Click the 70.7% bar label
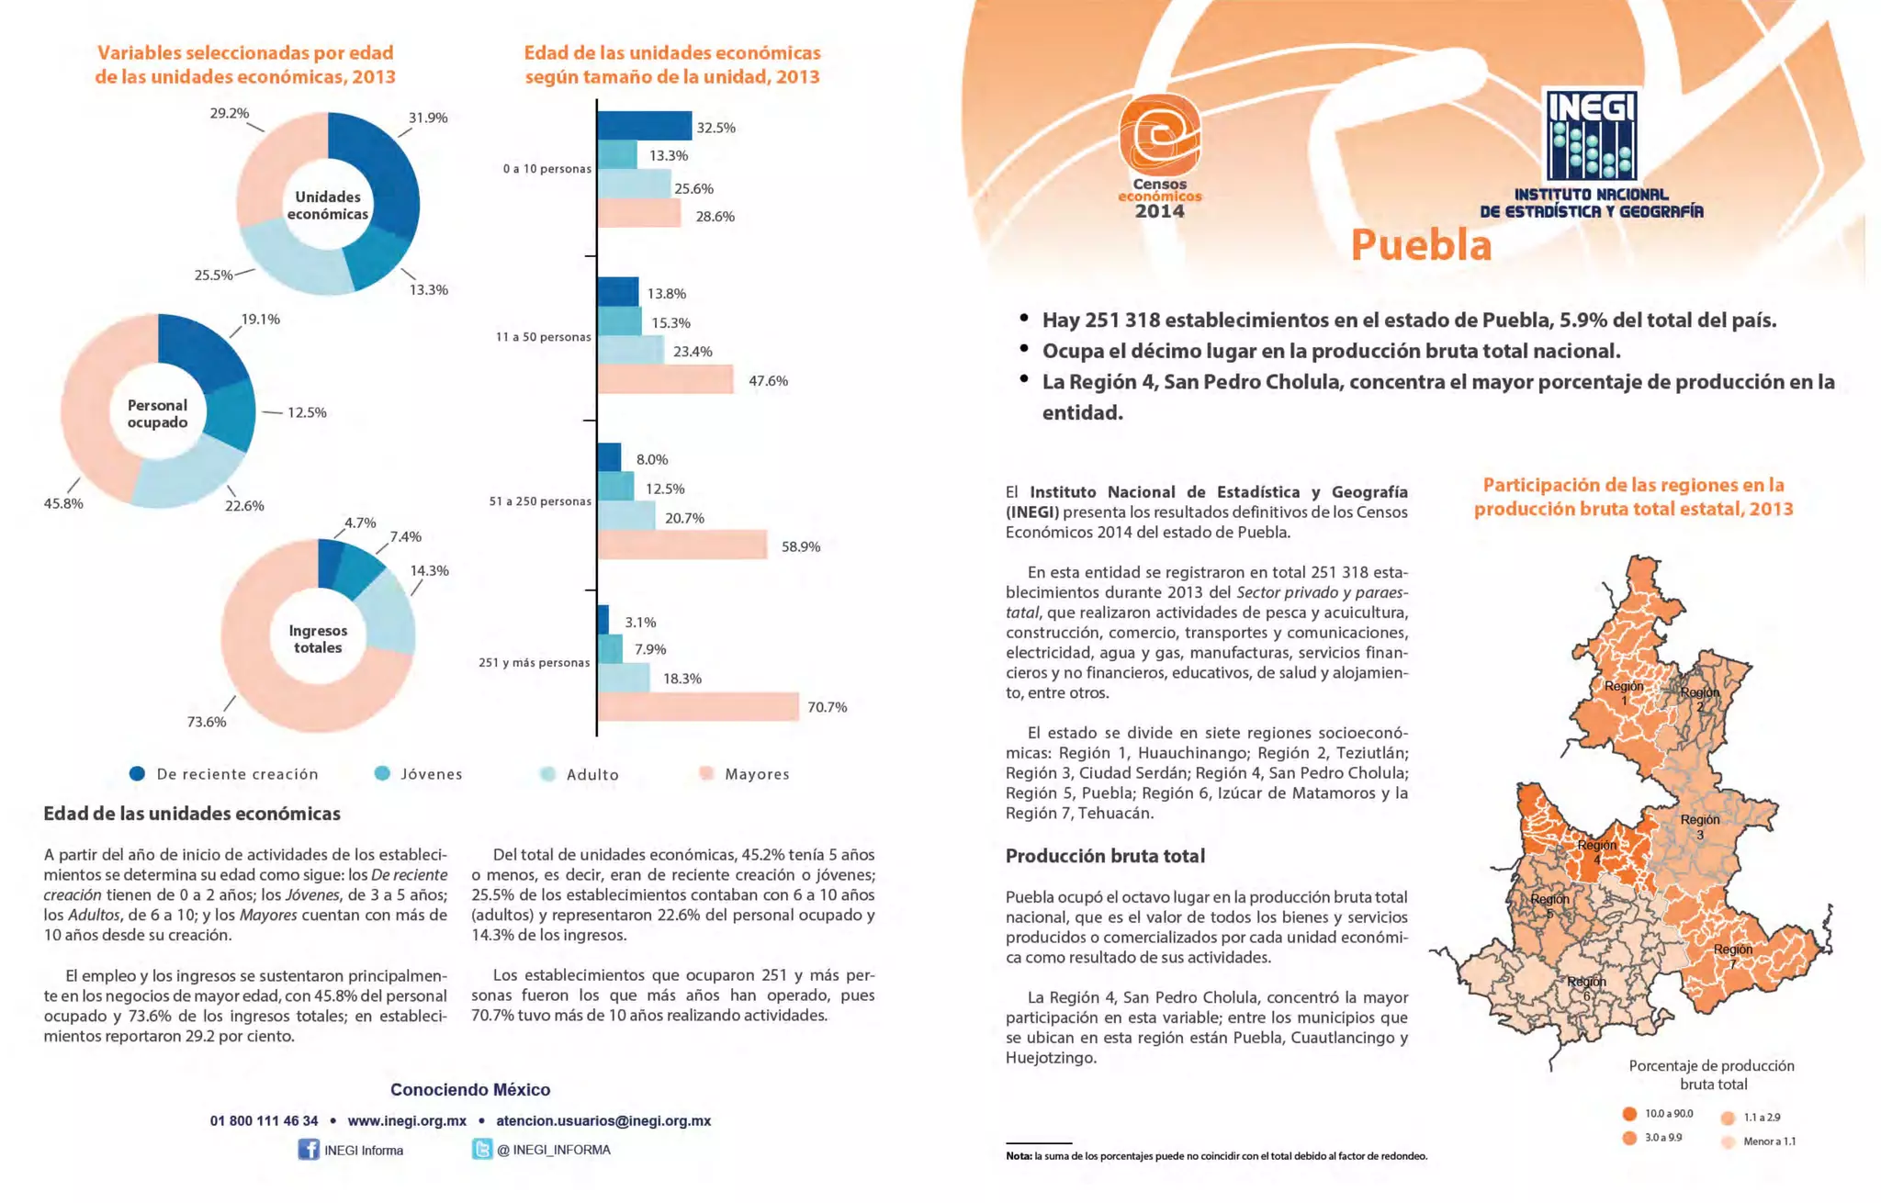[827, 707]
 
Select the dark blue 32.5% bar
[644, 126]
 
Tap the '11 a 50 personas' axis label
[543, 337]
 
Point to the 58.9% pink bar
[682, 545]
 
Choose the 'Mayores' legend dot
[706, 773]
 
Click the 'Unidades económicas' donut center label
[328, 205]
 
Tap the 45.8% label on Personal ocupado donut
[63, 503]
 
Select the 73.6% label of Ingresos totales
[207, 722]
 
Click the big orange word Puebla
[1421, 244]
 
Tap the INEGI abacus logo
[1591, 135]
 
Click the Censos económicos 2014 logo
[1159, 156]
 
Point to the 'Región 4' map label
[1597, 850]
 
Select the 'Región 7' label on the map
[1732, 955]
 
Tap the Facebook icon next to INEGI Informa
[309, 1150]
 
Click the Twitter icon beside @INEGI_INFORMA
[482, 1149]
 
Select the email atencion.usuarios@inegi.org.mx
[603, 1120]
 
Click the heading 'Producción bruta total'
[1105, 856]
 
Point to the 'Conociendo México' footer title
[470, 1089]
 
